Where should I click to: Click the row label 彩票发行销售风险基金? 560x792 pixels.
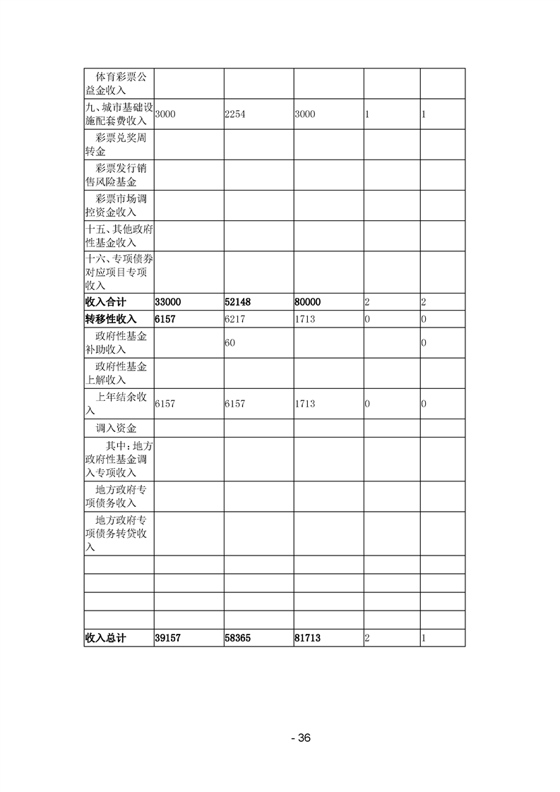coord(117,175)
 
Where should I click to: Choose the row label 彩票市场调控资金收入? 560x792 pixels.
coord(117,205)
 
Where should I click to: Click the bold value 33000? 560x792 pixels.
coord(167,302)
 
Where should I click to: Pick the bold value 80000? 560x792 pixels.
coord(308,302)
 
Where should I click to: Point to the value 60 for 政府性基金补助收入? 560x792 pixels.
coord(230,342)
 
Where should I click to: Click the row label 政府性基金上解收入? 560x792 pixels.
coord(117,373)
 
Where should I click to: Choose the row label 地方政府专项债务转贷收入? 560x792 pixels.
coord(117,534)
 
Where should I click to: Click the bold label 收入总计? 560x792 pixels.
coord(105,637)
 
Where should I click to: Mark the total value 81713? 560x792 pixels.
coord(308,637)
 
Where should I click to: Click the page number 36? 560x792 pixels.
coord(301,738)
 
